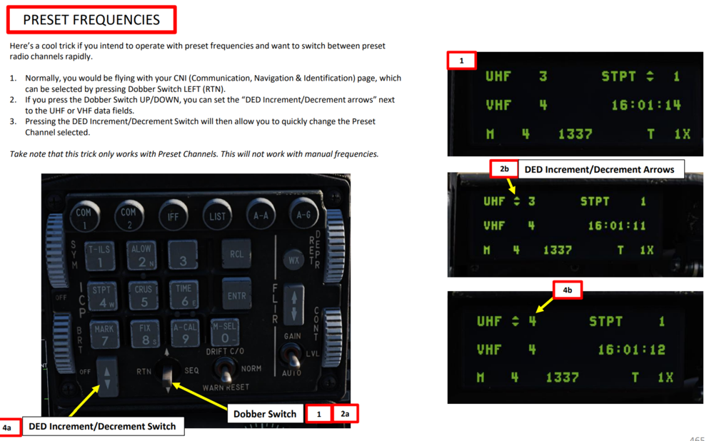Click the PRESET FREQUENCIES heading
(x=91, y=19)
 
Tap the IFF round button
(x=173, y=216)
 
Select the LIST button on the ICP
(x=217, y=216)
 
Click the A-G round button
(x=303, y=214)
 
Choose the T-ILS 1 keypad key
(x=99, y=255)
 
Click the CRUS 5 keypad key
(x=144, y=295)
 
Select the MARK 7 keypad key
(x=104, y=335)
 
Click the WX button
(x=293, y=260)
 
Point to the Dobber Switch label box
(x=265, y=414)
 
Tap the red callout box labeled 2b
(x=504, y=169)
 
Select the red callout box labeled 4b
(x=568, y=290)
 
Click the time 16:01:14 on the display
(x=646, y=105)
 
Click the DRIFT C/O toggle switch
(x=225, y=370)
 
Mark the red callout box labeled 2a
(x=345, y=414)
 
